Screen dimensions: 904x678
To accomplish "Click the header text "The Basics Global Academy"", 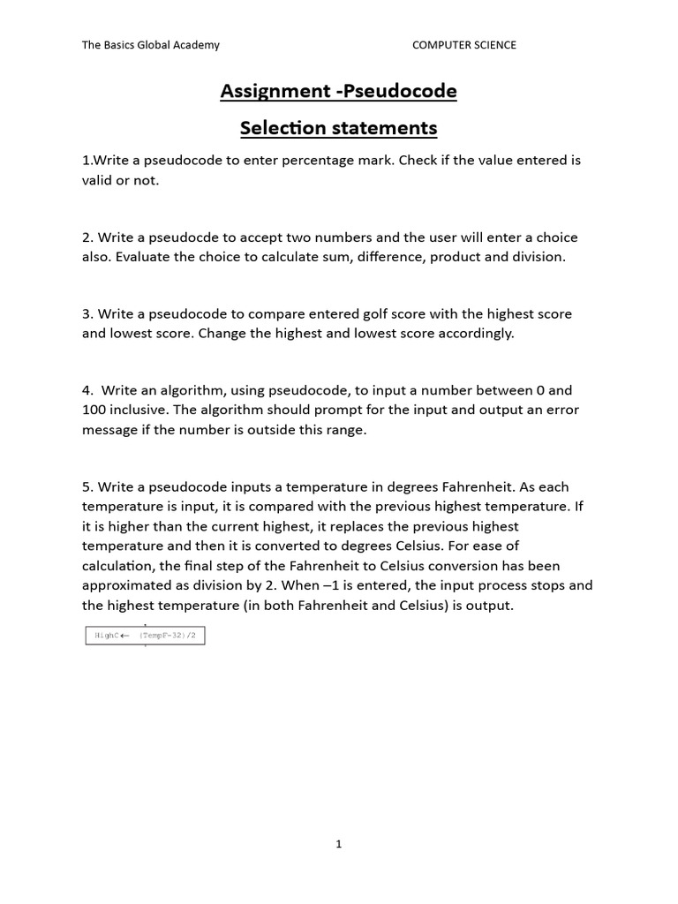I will [x=151, y=45].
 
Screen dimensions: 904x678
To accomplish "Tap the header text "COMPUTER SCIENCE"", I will [x=463, y=45].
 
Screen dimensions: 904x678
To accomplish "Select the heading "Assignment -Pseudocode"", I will [x=338, y=91].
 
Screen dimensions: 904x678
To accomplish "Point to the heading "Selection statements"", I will [x=338, y=128].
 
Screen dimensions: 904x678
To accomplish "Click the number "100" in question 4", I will [x=95, y=410].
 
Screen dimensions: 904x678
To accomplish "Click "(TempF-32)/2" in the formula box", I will [x=168, y=636].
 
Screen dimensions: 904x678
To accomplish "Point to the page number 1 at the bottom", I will [x=338, y=844].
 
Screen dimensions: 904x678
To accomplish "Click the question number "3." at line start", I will [x=87, y=314].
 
